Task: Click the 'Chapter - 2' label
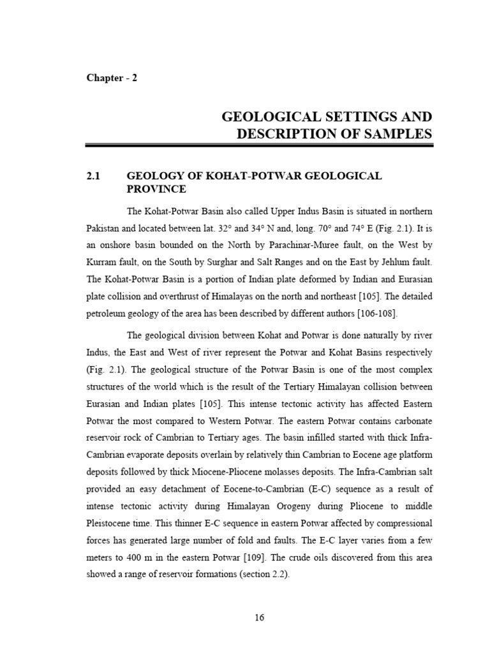(x=112, y=78)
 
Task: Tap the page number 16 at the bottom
(x=259, y=617)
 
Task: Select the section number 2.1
(x=94, y=175)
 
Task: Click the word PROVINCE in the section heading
(x=156, y=189)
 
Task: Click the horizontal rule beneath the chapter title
(x=259, y=147)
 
